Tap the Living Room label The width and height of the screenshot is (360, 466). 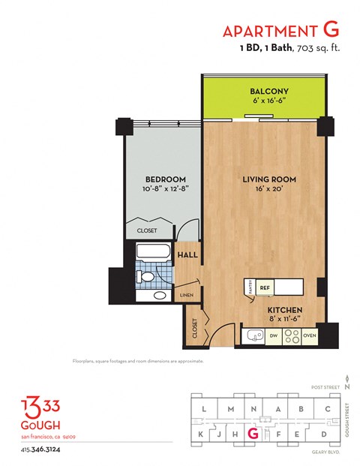(x=268, y=180)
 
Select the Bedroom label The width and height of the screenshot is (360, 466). (x=165, y=179)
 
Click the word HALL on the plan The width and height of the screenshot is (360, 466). (x=187, y=255)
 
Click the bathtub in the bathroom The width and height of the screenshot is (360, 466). (x=154, y=252)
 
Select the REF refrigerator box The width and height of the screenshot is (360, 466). (x=264, y=287)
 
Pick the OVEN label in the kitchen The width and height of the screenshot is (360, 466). (x=310, y=335)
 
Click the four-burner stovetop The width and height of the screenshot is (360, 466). (x=289, y=335)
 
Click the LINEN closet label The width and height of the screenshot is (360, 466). (x=187, y=295)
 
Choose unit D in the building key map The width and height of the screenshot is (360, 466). (x=323, y=434)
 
